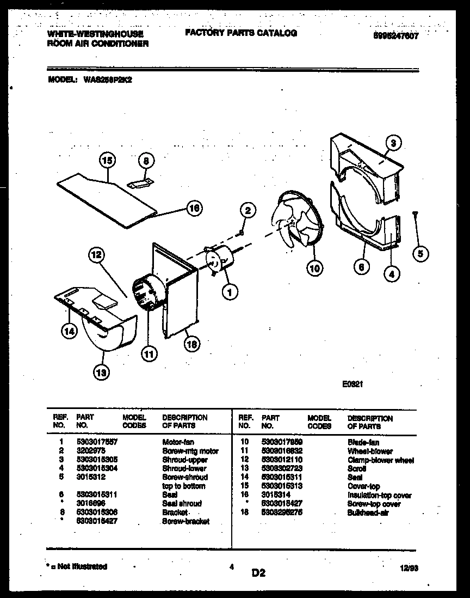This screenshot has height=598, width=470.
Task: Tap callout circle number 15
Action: point(107,160)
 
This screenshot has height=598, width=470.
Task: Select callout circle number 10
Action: point(314,267)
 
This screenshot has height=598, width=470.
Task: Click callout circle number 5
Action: point(420,252)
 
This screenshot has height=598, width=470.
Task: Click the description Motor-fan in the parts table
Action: point(178,442)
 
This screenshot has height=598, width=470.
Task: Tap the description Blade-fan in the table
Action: point(363,443)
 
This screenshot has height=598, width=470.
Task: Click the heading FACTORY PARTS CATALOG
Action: point(241,33)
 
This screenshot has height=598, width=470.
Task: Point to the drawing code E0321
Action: point(352,383)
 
